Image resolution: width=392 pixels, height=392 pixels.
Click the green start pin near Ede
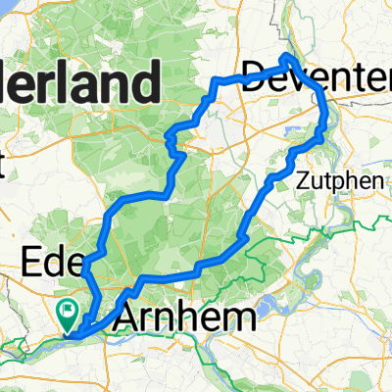pos(69,314)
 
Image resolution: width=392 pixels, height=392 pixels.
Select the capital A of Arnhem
pos(129,318)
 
